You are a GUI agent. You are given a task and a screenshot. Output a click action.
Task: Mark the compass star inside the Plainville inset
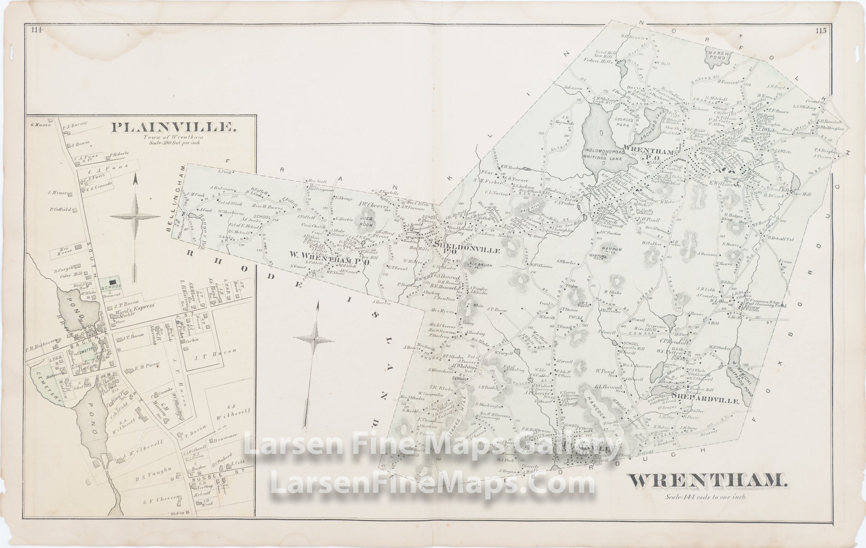tap(134, 216)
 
